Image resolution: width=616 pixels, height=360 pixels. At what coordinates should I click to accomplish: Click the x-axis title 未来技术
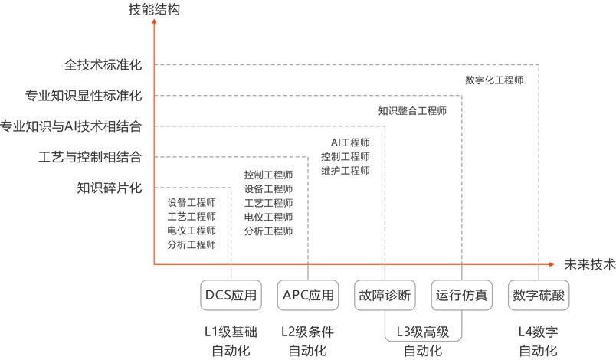pos(589,265)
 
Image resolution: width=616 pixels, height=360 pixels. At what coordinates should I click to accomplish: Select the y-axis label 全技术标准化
pos(103,65)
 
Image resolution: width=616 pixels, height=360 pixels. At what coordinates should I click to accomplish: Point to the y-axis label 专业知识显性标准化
pos(84,96)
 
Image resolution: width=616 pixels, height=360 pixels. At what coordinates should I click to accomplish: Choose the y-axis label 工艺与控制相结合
pos(90,157)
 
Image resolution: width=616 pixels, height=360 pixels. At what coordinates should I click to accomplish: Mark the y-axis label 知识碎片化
pos(110,188)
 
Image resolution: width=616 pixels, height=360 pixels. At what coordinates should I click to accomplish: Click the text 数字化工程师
pos(494,80)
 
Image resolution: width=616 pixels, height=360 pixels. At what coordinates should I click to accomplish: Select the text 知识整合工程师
pos(412,110)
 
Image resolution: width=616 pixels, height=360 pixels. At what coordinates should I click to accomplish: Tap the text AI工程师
pos(350,142)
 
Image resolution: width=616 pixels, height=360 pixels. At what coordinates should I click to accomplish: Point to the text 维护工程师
pos(346,170)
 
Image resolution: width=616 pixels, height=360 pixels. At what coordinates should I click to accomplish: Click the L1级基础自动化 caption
pos(231,342)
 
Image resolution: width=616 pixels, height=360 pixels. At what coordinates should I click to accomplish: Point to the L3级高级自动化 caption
pos(422,342)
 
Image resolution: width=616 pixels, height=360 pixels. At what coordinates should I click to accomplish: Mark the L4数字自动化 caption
pos(539,342)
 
